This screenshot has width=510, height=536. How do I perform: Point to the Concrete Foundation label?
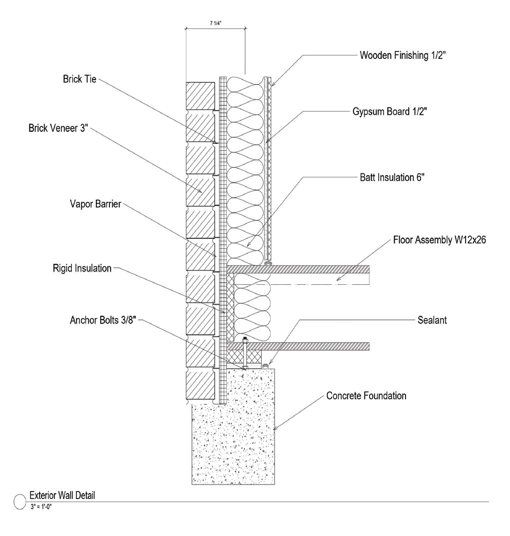[366, 396]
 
